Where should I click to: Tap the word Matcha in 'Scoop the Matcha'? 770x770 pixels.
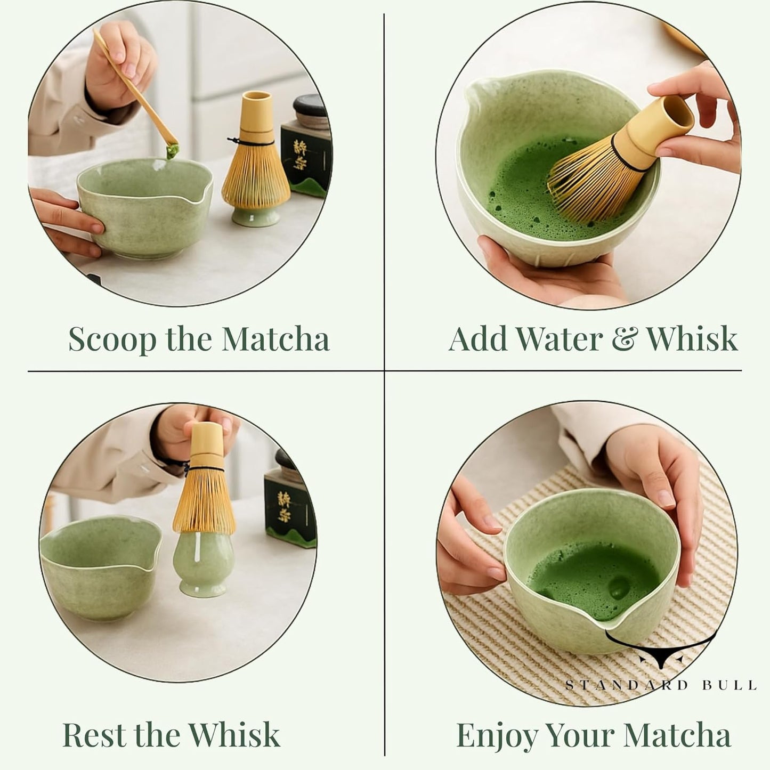275,339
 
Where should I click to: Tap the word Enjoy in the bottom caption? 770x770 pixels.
497,736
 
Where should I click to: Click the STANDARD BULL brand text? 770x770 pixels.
660,685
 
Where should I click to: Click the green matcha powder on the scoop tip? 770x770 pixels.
172,153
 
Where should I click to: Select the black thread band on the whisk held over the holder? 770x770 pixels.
206,469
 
